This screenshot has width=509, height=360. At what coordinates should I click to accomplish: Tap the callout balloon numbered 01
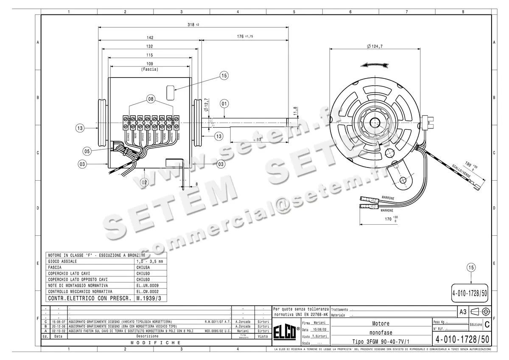click(224, 103)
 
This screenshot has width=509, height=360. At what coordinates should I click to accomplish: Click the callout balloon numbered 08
click(151, 99)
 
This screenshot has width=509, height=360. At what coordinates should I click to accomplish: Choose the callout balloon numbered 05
click(87, 151)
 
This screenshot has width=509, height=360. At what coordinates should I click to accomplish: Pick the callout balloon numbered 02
click(144, 182)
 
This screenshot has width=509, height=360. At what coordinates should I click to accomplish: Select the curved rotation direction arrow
click(374, 65)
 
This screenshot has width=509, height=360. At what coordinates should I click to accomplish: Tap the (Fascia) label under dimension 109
click(149, 69)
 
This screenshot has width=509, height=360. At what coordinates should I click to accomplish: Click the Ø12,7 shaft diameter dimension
click(206, 105)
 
